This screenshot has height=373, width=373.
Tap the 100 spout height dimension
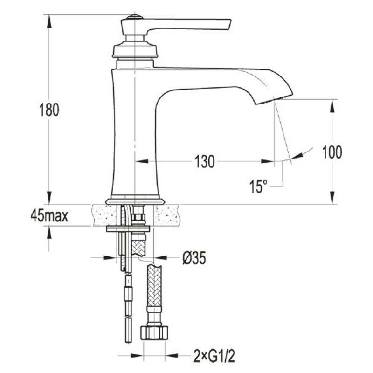pos(332,152)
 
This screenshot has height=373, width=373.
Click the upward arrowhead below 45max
pos(49,232)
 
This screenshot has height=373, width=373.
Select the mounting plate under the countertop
pos(128,229)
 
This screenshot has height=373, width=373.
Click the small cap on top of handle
pos(135,17)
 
